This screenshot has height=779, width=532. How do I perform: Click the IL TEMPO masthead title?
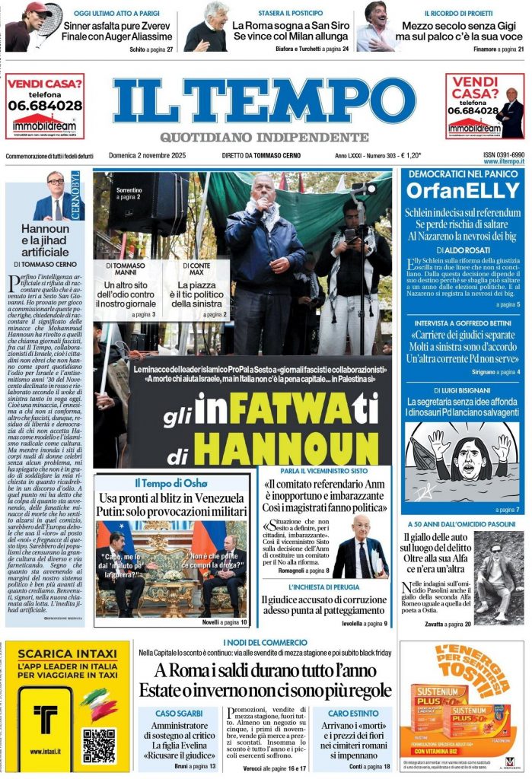coord(265,102)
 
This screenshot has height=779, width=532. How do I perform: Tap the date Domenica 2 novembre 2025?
coord(152,156)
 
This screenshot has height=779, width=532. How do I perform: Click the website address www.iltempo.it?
coord(502,162)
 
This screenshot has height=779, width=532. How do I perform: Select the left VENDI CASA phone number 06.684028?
coord(45,106)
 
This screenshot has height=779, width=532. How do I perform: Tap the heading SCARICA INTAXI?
coord(66,653)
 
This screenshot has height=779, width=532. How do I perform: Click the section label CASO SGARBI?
coord(179,714)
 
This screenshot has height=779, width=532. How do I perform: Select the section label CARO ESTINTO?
coord(353,714)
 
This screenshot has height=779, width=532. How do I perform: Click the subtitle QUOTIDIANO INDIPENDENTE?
coord(264,137)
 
